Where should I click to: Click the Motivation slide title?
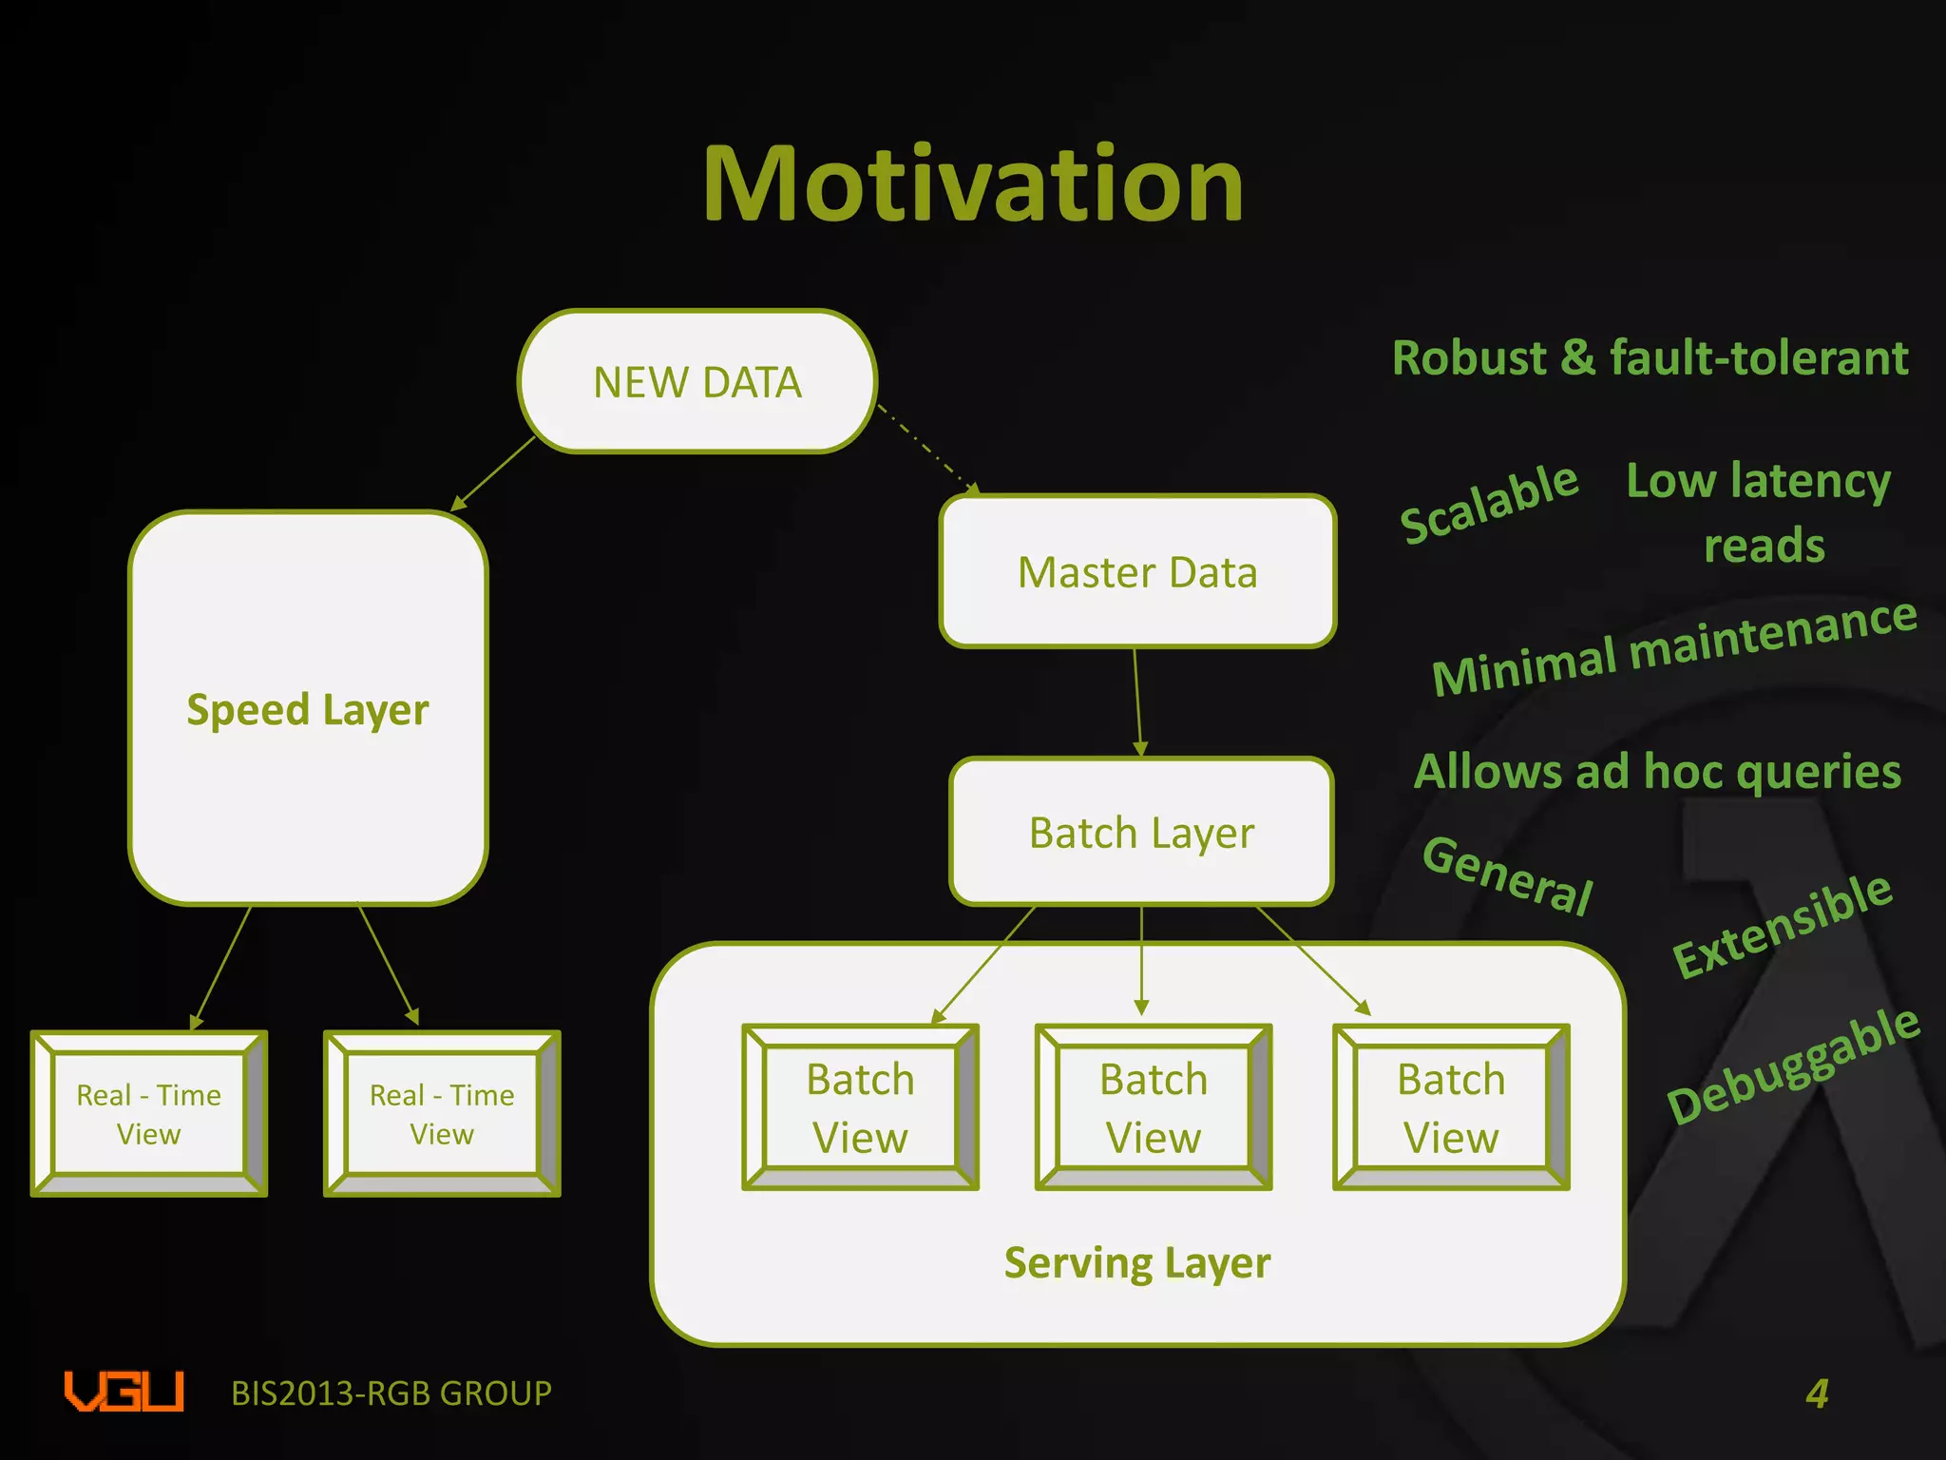[x=973, y=185]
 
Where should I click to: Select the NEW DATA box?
[x=697, y=381]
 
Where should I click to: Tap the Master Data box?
[x=1137, y=572]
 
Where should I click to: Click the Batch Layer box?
[x=1141, y=833]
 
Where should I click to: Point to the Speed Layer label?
[x=308, y=710]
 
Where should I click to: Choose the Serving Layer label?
[x=1137, y=1263]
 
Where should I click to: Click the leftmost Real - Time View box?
[x=149, y=1113]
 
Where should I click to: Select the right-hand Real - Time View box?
[x=442, y=1113]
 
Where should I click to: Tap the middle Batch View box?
[x=1154, y=1107]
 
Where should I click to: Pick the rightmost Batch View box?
[x=1451, y=1107]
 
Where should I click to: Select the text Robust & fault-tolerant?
[x=1650, y=358]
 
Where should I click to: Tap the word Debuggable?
[x=1793, y=1065]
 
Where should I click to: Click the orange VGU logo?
[x=124, y=1392]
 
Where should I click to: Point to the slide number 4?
[x=1817, y=1393]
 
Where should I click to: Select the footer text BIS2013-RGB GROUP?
[x=391, y=1393]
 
